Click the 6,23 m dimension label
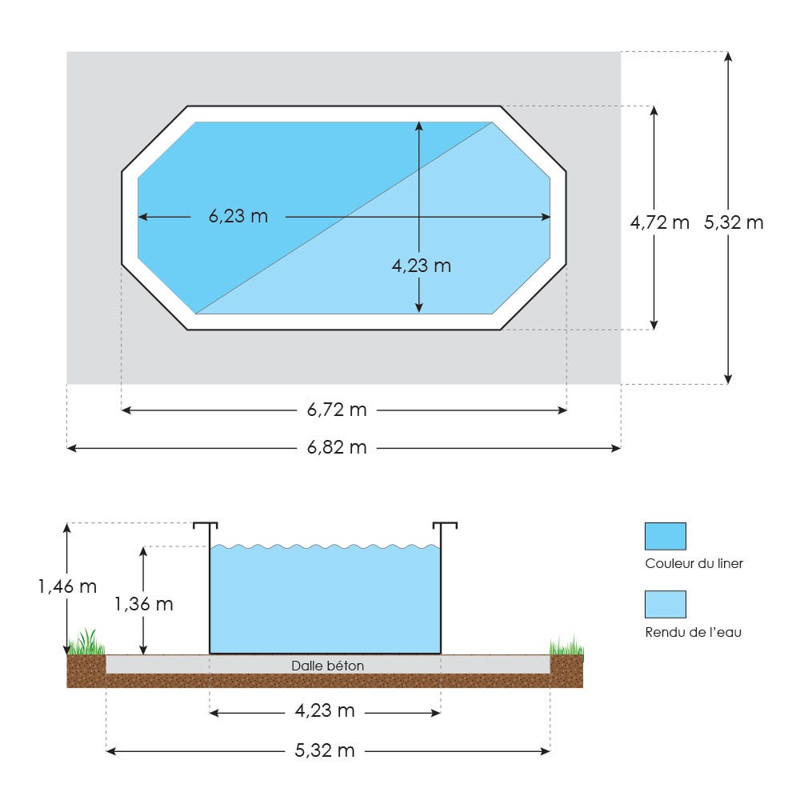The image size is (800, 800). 238,216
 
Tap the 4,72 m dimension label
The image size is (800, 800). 660,222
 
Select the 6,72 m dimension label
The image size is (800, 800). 337,410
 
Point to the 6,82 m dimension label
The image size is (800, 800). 337,447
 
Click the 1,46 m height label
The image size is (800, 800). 67,586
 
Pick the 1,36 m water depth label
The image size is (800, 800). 144,604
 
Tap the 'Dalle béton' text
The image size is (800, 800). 327,666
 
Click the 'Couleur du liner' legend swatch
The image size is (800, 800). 666,536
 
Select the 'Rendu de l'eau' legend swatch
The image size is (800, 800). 666,605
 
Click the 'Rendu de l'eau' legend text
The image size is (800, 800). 694,632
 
